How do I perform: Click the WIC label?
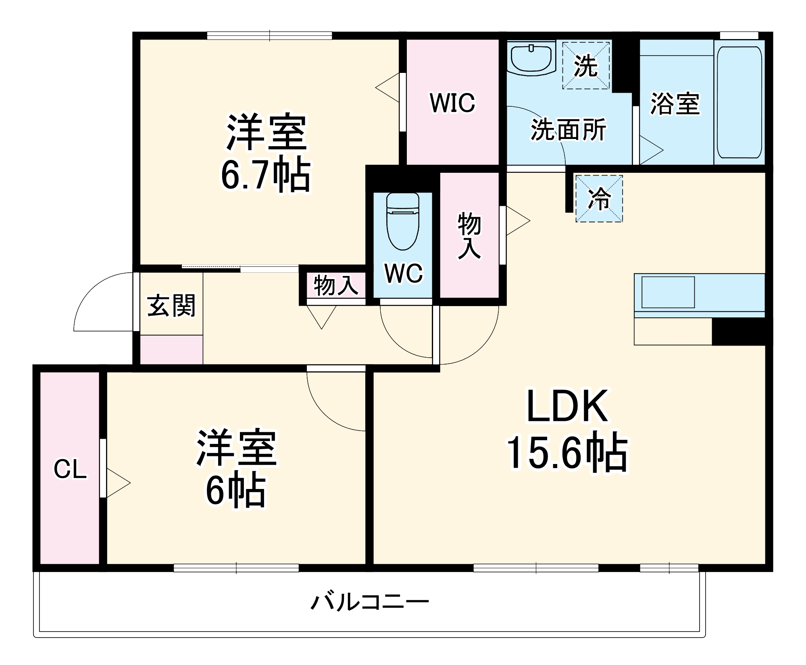point(452,103)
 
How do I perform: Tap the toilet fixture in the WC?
point(403,221)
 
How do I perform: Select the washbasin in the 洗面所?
point(531,59)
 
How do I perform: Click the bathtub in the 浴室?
point(739,103)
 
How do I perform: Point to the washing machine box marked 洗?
point(585,65)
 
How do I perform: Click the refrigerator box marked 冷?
point(599,199)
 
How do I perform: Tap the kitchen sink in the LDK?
point(668,292)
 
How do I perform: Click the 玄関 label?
point(171,305)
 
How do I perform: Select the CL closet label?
point(70,470)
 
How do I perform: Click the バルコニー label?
point(369,603)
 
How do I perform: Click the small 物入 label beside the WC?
point(336,285)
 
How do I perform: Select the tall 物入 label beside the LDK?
point(469,236)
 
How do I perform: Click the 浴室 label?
point(675,104)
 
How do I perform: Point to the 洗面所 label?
point(568,130)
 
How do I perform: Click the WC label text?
point(404,273)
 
